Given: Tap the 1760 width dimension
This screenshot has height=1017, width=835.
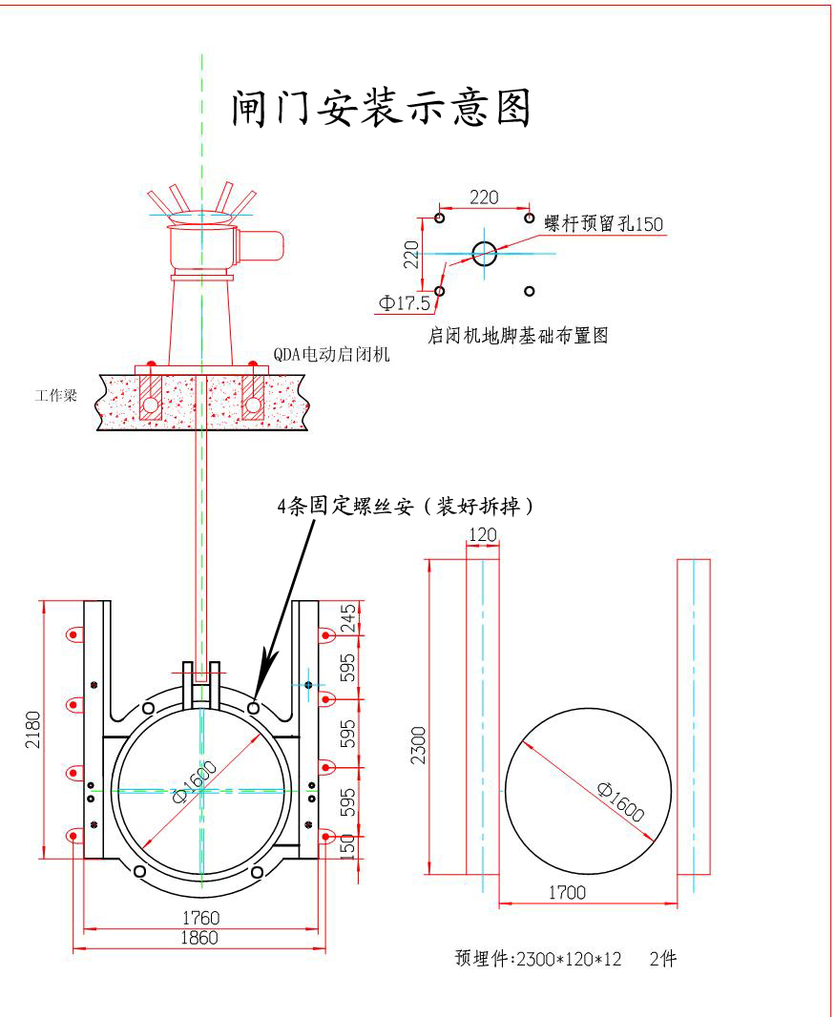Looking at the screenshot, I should tap(201, 918).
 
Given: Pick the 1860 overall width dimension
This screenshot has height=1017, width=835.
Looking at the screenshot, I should tap(199, 938).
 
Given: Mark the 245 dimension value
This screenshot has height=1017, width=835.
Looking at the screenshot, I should tap(348, 618).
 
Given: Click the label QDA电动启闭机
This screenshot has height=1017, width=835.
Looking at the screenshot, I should tap(331, 354).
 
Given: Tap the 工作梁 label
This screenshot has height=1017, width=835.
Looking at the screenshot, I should tap(56, 395).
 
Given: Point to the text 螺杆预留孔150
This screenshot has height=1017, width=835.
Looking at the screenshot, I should tap(604, 223).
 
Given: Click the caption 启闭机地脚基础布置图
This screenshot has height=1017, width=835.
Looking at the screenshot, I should tap(518, 336).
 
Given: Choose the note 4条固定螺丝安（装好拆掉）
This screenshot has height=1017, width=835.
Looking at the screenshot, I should tap(405, 507).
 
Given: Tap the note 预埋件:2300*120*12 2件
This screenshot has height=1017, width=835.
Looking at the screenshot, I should tap(566, 959).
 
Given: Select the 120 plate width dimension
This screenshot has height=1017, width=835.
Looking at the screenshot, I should tap(484, 535).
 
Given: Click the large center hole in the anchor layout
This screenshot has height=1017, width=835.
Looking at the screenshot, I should tap(485, 253).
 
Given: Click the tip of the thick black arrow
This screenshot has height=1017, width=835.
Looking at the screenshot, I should tap(261, 697).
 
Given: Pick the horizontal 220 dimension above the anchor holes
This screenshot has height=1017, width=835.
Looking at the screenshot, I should tap(484, 197).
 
